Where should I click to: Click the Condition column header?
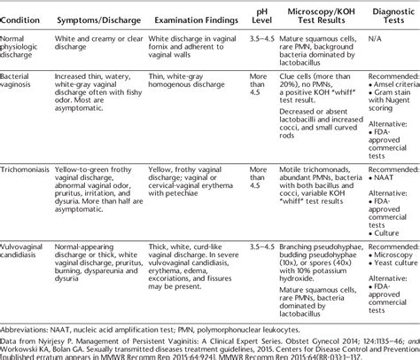(26, 19)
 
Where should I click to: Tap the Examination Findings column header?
(184, 19)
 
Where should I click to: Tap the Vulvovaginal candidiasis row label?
(30, 242)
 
